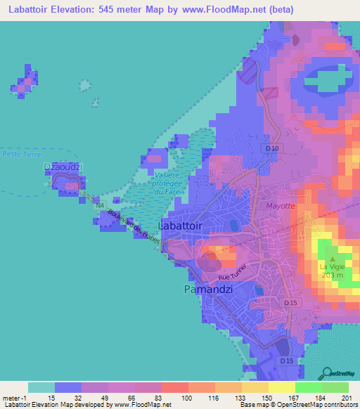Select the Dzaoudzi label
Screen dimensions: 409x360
(x=65, y=167)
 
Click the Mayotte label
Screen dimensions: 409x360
(x=278, y=206)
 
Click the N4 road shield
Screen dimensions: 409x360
(x=100, y=205)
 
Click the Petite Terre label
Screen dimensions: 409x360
(x=22, y=153)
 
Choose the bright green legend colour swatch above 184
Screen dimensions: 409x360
(x=309, y=387)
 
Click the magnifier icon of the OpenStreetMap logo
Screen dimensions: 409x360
(x=326, y=372)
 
